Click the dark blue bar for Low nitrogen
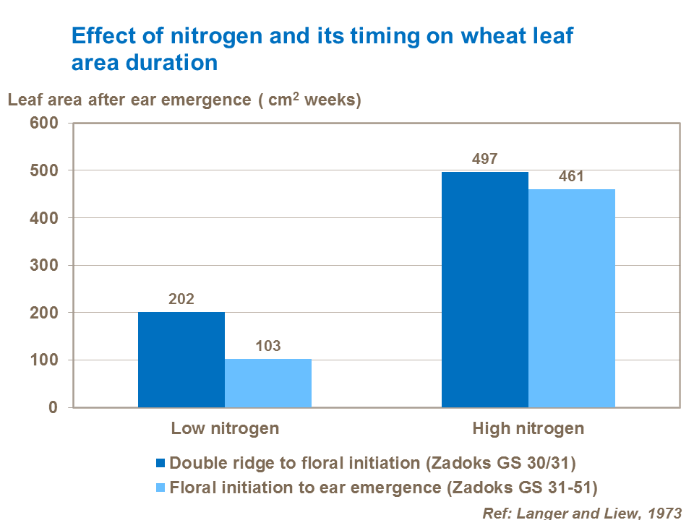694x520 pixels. point(181,360)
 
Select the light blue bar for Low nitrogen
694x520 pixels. point(268,383)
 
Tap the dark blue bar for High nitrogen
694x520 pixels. point(485,290)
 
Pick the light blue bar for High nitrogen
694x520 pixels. point(572,298)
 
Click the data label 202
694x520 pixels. point(181,299)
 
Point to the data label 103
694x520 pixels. point(268,346)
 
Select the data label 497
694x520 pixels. point(485,159)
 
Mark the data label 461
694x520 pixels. point(572,176)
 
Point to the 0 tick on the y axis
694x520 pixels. point(52,408)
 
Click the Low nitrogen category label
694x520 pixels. point(225,428)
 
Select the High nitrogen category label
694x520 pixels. point(528,428)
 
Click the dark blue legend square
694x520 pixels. point(160,462)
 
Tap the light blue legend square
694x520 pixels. point(160,487)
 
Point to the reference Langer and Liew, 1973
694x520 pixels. point(583,512)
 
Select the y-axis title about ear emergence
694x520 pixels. point(184,100)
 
